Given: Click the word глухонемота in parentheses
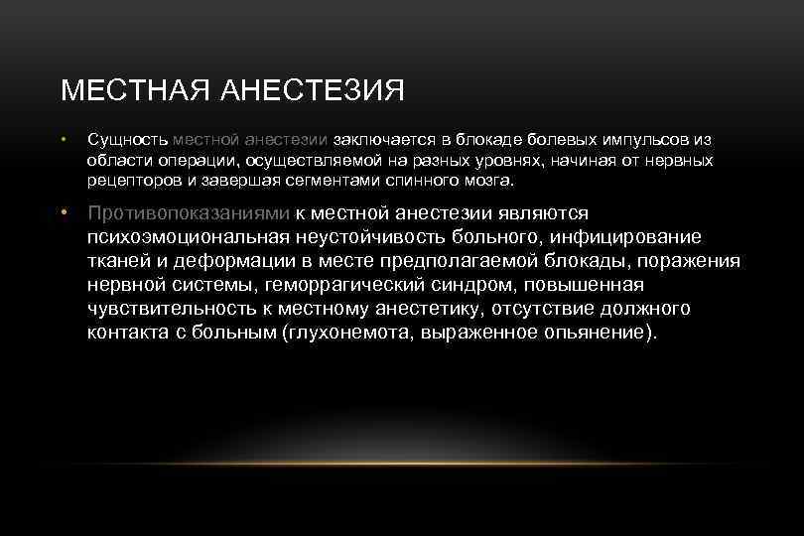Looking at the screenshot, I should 343,332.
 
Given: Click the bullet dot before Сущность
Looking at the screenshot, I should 64,142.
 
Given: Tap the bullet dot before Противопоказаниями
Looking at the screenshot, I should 64,213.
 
